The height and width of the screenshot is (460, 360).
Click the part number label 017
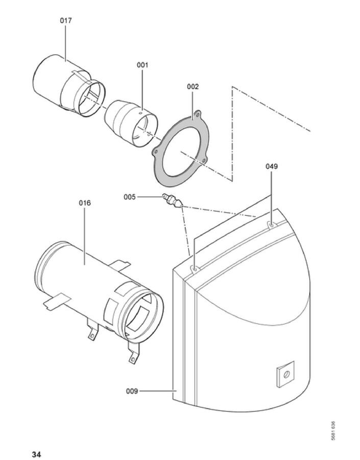pos(66,21)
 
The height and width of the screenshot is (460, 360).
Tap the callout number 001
pos(142,65)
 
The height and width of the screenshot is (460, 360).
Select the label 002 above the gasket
pos(193,87)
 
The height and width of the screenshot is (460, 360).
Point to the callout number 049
pos(272,166)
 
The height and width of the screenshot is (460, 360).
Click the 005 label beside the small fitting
pos(130,197)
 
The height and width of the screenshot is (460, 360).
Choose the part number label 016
pos(85,203)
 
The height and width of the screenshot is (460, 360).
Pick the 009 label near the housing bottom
pos(132,391)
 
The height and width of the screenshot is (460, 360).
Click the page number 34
pos(36,454)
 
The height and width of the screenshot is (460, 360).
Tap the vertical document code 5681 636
pos(333,430)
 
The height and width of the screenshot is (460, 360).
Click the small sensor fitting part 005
pos(173,200)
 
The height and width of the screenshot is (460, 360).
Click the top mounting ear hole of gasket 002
pos(198,112)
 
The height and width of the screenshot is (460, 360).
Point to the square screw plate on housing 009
pos(285,374)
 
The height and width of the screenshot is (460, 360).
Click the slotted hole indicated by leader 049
pos(271,225)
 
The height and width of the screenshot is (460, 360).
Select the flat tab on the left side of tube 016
pos(57,301)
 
